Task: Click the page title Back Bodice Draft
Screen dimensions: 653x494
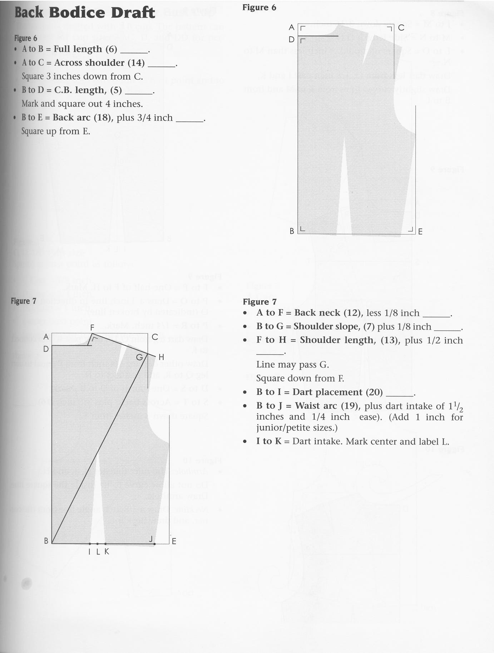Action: click(85, 13)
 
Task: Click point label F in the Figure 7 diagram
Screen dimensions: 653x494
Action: click(92, 327)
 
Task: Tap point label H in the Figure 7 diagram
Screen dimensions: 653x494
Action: click(161, 357)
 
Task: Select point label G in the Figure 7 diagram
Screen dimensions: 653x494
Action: click(139, 357)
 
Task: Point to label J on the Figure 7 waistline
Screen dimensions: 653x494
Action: click(151, 539)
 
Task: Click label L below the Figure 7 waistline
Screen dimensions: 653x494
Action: click(98, 552)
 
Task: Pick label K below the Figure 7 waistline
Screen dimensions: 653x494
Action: click(107, 552)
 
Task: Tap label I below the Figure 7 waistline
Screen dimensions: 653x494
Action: click(89, 552)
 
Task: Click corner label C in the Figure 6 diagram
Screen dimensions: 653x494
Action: click(401, 28)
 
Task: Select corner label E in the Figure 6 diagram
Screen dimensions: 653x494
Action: click(420, 231)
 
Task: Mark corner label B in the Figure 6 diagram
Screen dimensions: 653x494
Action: click(292, 231)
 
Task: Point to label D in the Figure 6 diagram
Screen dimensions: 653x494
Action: click(292, 39)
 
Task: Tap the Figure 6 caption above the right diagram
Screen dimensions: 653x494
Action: click(259, 8)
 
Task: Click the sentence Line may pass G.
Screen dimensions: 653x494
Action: click(292, 364)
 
